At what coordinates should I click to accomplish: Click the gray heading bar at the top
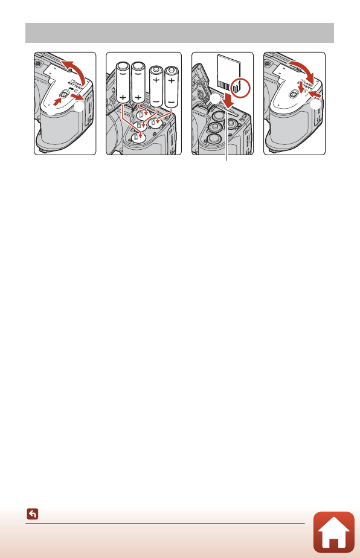click(179, 33)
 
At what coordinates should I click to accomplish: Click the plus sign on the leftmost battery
click(124, 98)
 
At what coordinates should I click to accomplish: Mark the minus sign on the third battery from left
click(157, 97)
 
